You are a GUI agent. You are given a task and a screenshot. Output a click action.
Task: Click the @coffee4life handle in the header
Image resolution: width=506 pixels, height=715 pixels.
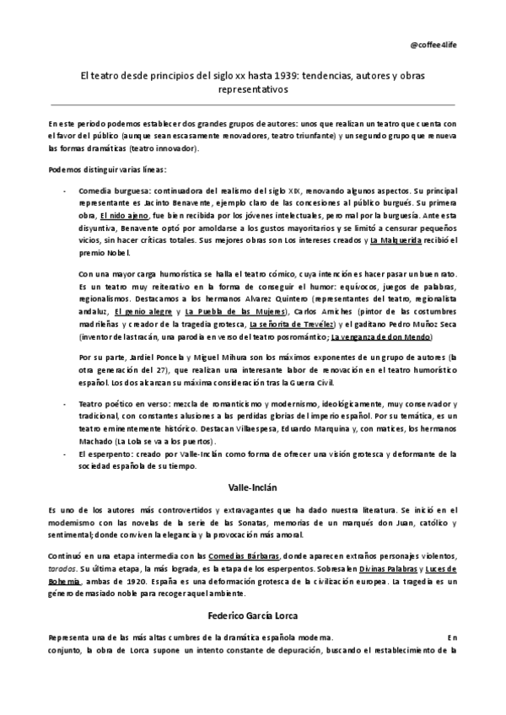click(458, 44)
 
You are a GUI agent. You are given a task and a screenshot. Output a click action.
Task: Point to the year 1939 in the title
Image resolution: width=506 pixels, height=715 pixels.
click(274, 76)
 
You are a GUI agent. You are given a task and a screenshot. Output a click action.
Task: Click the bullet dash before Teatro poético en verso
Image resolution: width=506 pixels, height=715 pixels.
click(67, 406)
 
